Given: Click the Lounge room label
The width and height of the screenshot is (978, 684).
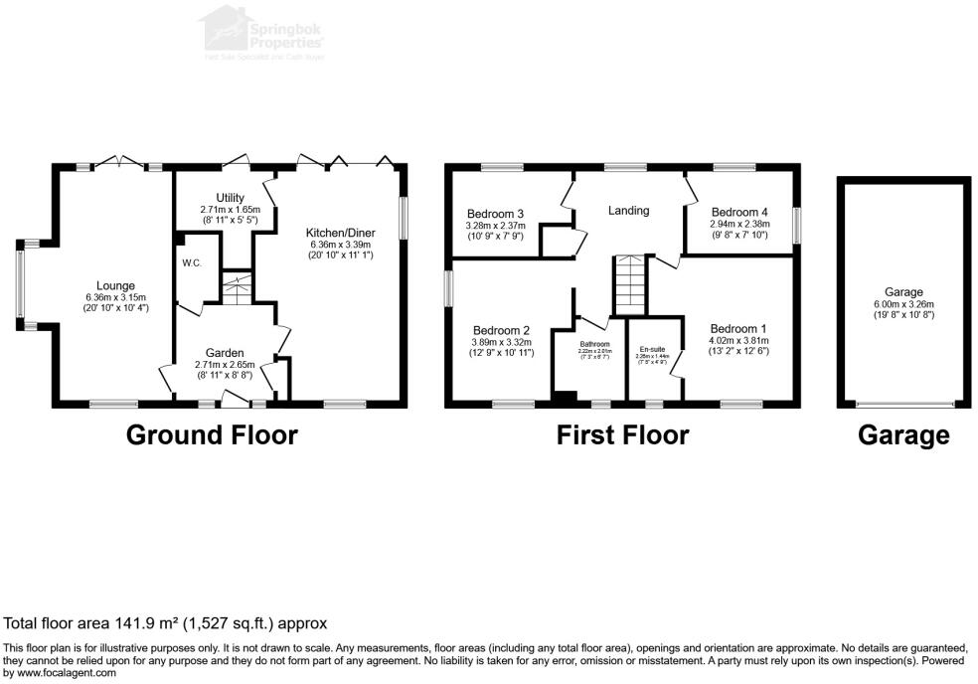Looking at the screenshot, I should [x=115, y=286].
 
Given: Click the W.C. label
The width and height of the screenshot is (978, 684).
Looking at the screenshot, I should [x=191, y=263].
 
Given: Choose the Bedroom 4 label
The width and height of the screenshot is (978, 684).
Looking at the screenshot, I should [x=739, y=212].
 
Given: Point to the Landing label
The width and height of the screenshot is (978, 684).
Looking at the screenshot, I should [x=628, y=211].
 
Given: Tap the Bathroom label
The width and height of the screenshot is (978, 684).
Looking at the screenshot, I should [x=595, y=344].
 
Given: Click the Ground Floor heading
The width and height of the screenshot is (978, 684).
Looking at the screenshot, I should [x=212, y=434].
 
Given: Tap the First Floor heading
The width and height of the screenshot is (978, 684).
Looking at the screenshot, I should [x=622, y=434].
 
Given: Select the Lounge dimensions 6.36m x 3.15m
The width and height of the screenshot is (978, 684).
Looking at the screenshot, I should [x=115, y=297].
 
